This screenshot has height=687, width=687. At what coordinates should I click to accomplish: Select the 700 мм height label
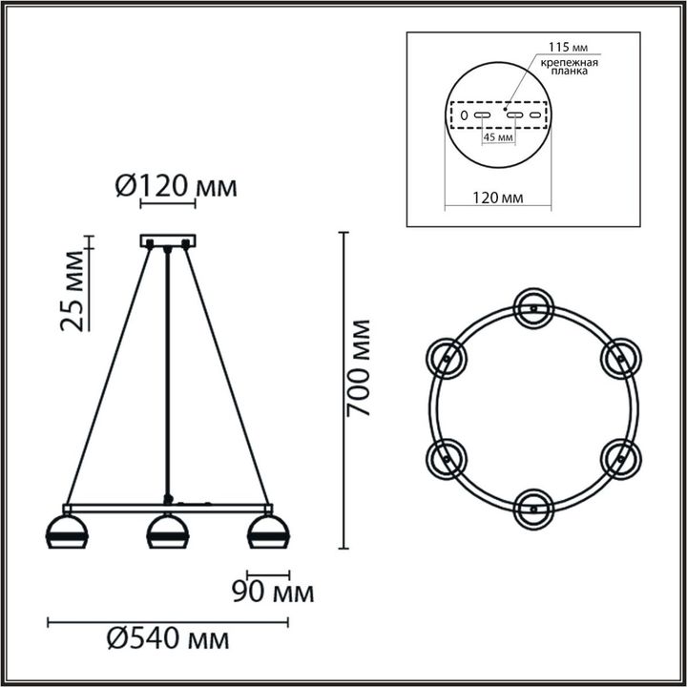point(358,368)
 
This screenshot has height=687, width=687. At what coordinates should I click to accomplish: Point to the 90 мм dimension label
point(272,593)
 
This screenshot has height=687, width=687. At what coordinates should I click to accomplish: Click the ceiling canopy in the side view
point(168,240)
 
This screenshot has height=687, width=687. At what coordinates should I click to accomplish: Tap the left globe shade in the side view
point(67,531)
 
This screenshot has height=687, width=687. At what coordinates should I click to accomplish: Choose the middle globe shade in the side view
point(168,531)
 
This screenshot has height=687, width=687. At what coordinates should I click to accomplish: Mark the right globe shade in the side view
point(267,531)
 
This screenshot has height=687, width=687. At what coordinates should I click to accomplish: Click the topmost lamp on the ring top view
point(532,306)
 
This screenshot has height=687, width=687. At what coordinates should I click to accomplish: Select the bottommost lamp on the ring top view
point(532,508)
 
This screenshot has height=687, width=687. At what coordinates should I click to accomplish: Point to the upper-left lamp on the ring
point(446,357)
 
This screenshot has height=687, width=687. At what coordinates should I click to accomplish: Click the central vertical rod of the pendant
point(168,372)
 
